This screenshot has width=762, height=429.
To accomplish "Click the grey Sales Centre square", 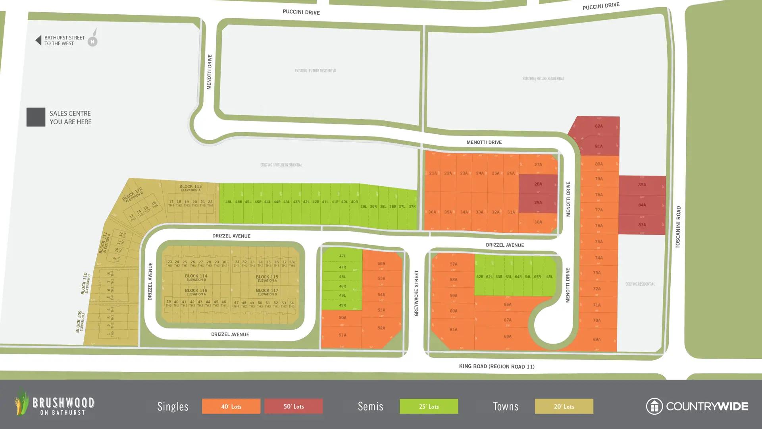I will [x=36, y=117].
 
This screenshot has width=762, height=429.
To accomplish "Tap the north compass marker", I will [x=92, y=41].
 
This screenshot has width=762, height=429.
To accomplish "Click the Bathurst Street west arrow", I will [x=38, y=40].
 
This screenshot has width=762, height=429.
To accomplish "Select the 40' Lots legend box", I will [x=231, y=406].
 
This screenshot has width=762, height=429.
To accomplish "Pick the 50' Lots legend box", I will [x=294, y=406].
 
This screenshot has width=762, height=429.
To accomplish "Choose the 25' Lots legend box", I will [x=429, y=406].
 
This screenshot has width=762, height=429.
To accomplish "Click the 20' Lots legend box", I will [x=564, y=406].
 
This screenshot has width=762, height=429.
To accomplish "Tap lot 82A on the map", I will [x=598, y=126].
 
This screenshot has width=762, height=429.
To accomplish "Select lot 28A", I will [x=538, y=184].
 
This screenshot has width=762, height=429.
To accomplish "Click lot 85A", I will [x=642, y=185].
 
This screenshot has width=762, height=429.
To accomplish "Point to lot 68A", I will [x=507, y=336].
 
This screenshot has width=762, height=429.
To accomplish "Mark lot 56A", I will [x=381, y=264].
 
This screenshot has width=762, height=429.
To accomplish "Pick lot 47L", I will [x=342, y=256].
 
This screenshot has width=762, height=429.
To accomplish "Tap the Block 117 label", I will [x=267, y=291].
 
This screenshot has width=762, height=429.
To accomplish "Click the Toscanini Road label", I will [x=678, y=227].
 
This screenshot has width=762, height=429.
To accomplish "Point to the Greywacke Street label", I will [x=416, y=293].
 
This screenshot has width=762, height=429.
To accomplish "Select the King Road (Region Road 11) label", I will [x=496, y=366].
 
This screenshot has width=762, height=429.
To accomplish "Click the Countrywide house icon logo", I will [x=654, y=406].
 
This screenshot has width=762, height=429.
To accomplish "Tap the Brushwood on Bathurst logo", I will [x=55, y=403].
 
